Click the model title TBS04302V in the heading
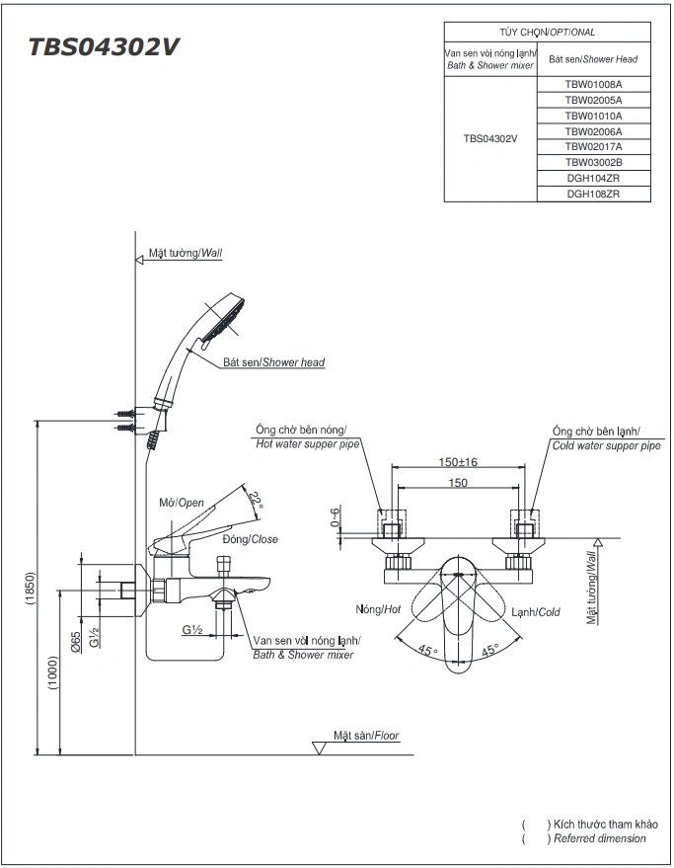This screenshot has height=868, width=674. pos(104,47)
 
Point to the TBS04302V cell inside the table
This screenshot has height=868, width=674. pos(490,139)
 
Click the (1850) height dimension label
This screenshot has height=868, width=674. pos(30,591)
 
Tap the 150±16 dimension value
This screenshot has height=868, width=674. pos(457,462)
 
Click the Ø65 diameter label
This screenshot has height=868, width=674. pos(76,645)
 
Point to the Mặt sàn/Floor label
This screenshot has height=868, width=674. pos(366,736)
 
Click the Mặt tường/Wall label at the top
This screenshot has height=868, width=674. pos(186,253)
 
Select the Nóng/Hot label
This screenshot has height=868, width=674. pos(378,610)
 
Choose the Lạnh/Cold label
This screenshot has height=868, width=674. pos(535,612)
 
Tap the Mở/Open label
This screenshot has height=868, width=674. pos(182,503)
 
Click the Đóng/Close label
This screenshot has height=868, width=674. pos(250,539)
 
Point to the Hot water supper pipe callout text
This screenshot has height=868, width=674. pos(308,445)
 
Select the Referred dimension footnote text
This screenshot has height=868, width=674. pos(600,838)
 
